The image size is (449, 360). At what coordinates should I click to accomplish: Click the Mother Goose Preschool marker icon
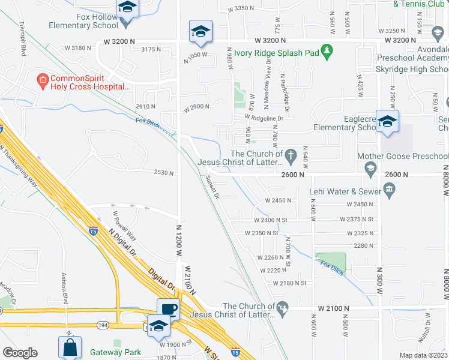point(370,167)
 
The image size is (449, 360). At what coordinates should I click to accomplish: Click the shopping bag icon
point(70,346)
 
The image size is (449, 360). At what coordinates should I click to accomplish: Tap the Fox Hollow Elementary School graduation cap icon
point(126,8)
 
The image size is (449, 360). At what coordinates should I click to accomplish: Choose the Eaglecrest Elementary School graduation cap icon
point(387,121)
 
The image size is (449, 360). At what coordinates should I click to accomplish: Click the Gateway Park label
point(115,352)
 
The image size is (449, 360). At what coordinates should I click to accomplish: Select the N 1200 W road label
point(178,241)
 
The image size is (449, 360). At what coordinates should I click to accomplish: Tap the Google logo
point(20,353)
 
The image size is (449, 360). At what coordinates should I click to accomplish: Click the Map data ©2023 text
point(423,355)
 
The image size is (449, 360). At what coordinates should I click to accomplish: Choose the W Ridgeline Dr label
point(264,118)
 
